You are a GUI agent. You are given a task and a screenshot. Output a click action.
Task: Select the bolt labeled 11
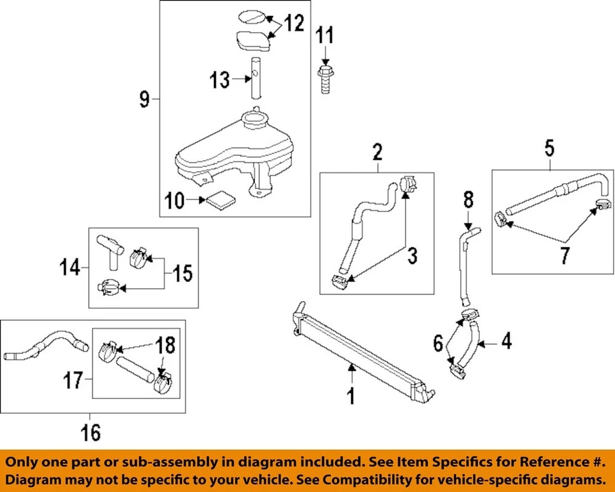click(x=325, y=78)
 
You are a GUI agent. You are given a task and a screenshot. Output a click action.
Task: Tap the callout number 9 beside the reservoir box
click(x=145, y=99)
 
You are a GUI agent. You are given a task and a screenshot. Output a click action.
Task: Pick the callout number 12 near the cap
click(x=294, y=24)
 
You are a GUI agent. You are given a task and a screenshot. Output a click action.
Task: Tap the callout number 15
click(x=182, y=274)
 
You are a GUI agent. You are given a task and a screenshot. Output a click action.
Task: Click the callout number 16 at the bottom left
click(x=91, y=432)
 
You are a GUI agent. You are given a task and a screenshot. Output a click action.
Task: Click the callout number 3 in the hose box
click(x=412, y=256)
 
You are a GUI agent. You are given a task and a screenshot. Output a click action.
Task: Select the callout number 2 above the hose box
click(x=377, y=152)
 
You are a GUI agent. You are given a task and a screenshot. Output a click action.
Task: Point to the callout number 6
click(x=438, y=344)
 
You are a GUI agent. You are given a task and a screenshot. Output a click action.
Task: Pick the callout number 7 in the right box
click(x=563, y=255)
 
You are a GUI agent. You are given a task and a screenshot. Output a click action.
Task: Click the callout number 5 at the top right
click(x=550, y=149)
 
